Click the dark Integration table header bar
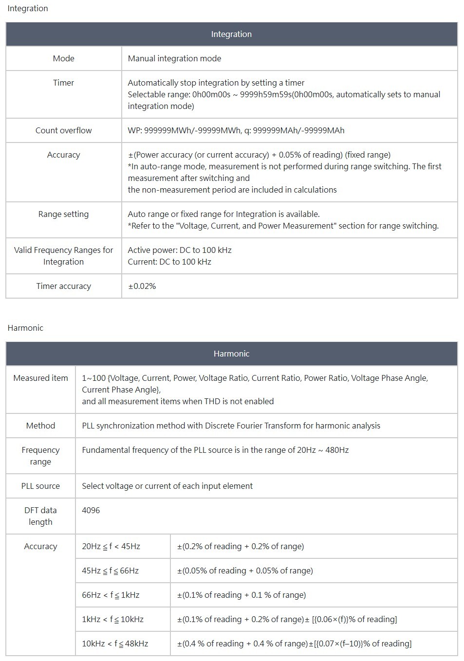231,34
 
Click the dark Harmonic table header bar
231,354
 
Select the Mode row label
63,58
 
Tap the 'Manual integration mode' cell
174,58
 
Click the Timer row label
63,83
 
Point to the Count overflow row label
63,130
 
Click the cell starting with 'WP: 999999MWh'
236,130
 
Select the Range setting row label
63,214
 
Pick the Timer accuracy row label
63,286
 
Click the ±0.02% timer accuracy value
142,286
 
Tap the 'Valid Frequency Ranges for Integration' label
63,256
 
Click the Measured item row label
40,378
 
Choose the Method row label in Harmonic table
40,426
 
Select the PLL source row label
40,486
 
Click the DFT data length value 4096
91,510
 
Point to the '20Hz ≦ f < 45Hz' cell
111,546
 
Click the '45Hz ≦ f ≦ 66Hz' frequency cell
110,571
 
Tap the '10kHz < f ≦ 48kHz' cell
115,643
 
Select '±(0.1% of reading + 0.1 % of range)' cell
241,595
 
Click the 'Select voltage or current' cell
167,486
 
